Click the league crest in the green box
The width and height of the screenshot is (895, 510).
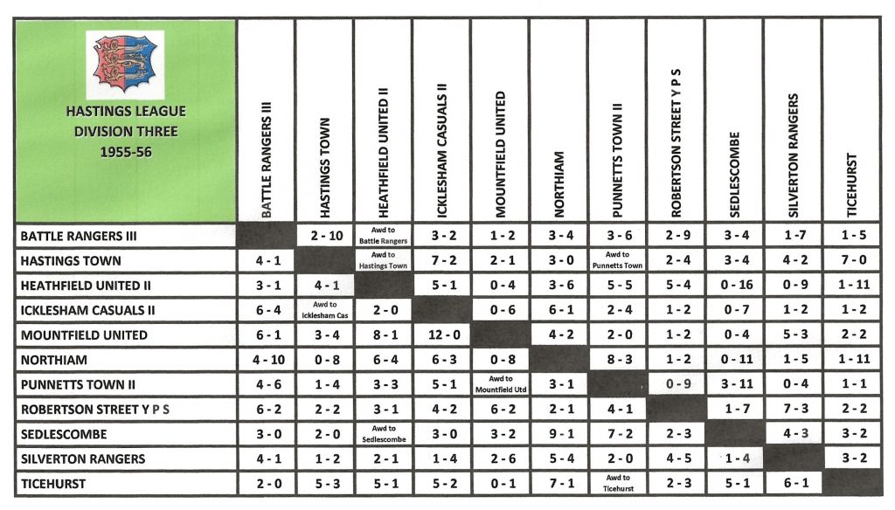tap(125, 65)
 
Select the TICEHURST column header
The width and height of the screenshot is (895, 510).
tap(851, 185)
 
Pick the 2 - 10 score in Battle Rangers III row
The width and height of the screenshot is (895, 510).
tap(324, 236)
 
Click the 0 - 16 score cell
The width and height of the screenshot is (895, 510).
tap(734, 286)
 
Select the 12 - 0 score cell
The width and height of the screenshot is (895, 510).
tap(441, 335)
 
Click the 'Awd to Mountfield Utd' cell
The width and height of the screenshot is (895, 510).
tap(500, 384)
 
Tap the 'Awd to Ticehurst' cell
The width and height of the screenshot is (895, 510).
tap(617, 483)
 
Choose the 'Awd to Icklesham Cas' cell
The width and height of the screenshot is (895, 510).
tap(324, 310)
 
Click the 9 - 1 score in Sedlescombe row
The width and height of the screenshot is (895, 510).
tap(559, 434)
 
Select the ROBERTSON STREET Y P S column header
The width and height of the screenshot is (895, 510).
tap(676, 144)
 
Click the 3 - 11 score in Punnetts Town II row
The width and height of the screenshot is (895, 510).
tap(734, 384)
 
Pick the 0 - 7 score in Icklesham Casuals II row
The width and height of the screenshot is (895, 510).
tap(734, 310)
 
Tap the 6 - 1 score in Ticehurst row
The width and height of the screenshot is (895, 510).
tap(793, 483)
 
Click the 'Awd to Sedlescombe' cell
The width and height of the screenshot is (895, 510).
tap(383, 434)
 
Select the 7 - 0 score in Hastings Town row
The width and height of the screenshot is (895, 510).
tap(851, 260)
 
